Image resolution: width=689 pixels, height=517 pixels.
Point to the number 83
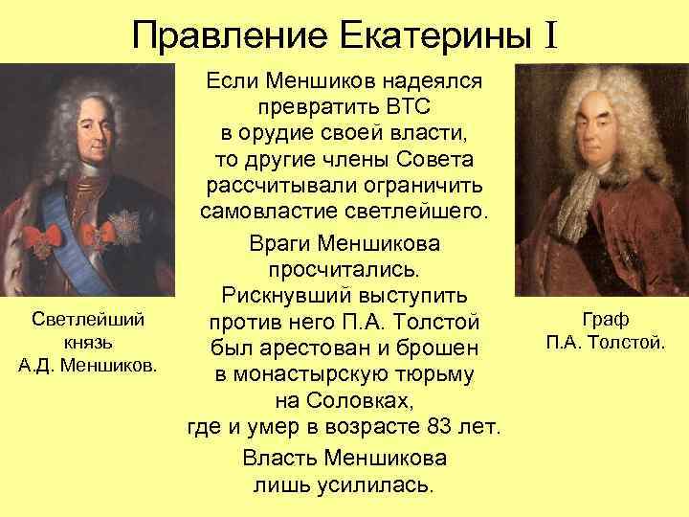[x=426, y=424]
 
